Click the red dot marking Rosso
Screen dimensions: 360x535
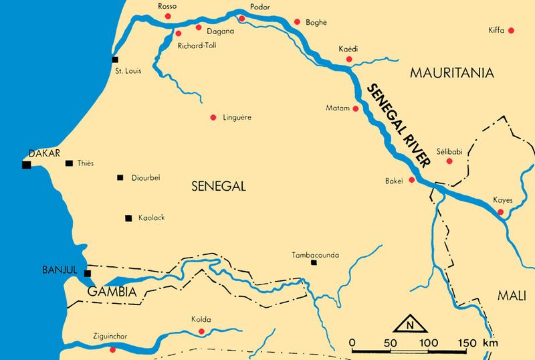click(x=167, y=15)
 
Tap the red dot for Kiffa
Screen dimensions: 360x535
click(x=511, y=31)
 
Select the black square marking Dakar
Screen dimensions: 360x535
click(x=26, y=164)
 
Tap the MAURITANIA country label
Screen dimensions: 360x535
click(x=451, y=72)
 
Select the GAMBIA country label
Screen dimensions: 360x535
click(x=112, y=292)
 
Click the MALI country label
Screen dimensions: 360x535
click(x=513, y=296)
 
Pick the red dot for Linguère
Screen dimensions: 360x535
click(x=213, y=118)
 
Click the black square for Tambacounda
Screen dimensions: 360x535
click(x=314, y=263)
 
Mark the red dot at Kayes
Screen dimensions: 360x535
click(x=500, y=213)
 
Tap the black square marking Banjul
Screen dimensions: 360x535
click(x=87, y=272)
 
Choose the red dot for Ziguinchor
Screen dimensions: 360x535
click(x=112, y=350)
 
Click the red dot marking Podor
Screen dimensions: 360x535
click(x=242, y=19)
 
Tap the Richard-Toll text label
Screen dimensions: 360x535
click(x=197, y=46)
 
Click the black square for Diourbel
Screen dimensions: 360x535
click(x=120, y=177)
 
